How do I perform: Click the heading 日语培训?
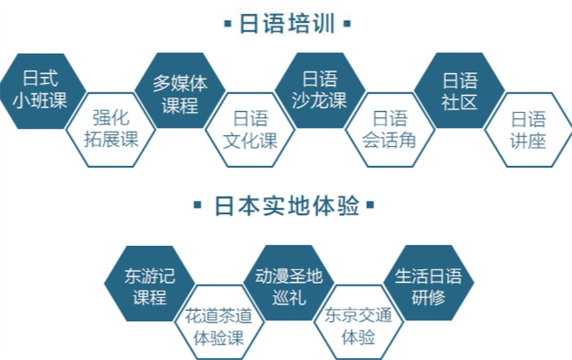[x=287, y=23]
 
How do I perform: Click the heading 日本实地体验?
[x=287, y=205]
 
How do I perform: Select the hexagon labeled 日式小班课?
[x=42, y=91]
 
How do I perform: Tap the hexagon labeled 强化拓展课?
[x=111, y=130]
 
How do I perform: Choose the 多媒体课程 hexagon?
[x=180, y=90]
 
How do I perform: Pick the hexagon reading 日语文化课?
[x=250, y=130]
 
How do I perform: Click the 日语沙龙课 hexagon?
[x=320, y=90]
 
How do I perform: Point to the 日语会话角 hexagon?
[x=390, y=130]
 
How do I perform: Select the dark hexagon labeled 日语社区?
[x=460, y=90]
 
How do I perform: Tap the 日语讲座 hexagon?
[x=529, y=130]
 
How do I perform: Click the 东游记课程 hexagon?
[x=150, y=283]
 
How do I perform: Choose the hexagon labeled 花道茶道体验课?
[x=219, y=322]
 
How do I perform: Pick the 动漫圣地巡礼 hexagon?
[x=289, y=283]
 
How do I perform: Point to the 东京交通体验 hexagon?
[x=358, y=322]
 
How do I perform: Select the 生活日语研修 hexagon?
[x=428, y=283]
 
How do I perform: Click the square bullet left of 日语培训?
[x=228, y=24]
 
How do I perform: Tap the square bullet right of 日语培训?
[x=347, y=24]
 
